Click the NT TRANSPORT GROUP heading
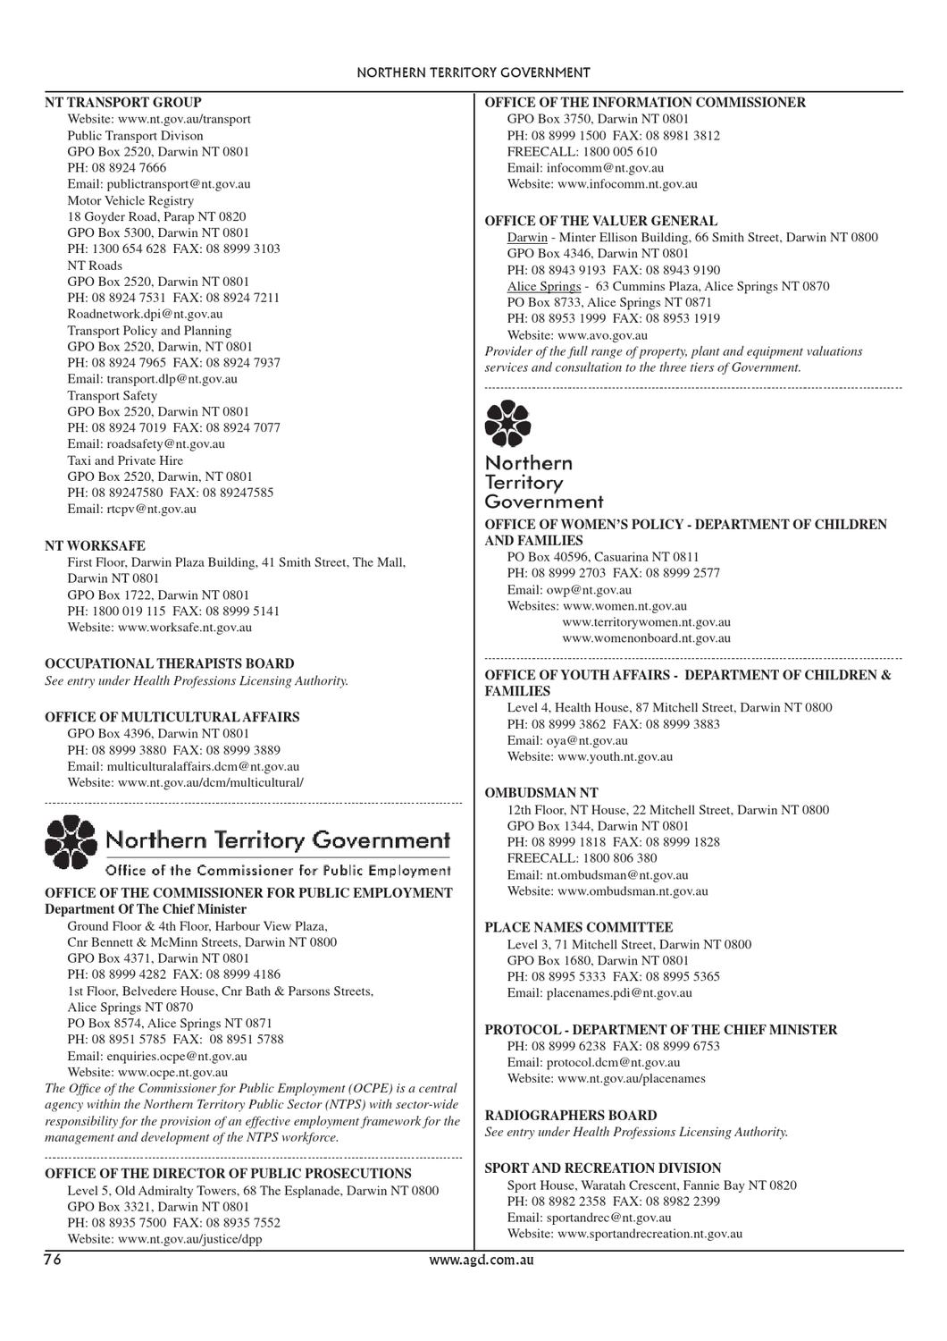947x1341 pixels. pos(123,103)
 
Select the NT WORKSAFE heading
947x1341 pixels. pos(95,545)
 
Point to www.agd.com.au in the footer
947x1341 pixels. pos(473,1261)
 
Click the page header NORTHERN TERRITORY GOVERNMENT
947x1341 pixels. pos(473,73)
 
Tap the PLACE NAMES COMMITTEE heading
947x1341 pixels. pos(578,927)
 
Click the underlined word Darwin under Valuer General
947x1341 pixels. pos(527,238)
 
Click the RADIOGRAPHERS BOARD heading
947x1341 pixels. pos(570,1116)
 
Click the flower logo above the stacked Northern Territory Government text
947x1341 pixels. pos(507,423)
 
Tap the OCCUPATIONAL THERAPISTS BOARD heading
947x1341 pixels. pos(169,663)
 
